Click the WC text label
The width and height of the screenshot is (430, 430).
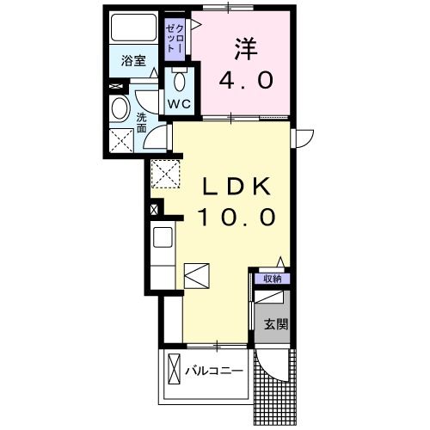point(179,103)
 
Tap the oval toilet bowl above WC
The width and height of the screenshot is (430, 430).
point(179,81)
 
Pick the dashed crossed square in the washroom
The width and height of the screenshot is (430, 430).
point(122,139)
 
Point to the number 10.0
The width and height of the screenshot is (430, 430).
point(237,218)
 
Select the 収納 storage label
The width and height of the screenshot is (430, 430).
point(272,279)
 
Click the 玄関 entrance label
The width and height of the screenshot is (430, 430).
point(275,324)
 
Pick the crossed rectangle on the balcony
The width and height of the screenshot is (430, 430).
point(175,372)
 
